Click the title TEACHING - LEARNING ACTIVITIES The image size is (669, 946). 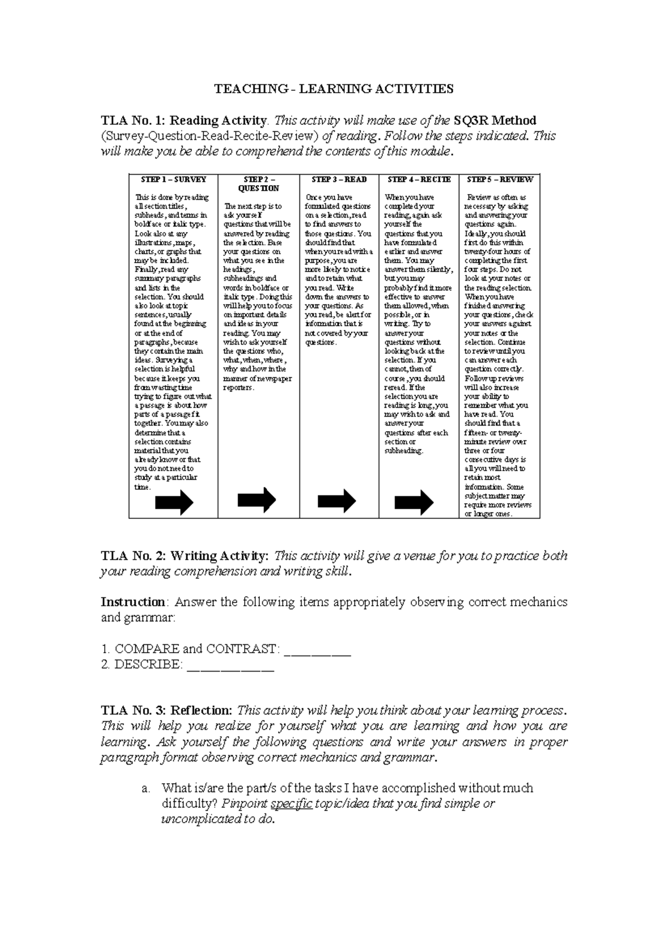tap(334, 88)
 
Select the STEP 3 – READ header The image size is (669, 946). tap(339, 180)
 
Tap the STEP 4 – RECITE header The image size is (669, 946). tap(419, 180)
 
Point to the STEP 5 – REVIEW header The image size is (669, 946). tap(500, 180)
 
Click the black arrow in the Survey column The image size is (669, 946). tap(174, 502)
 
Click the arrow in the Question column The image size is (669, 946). tap(256, 500)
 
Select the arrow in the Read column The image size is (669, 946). tap(337, 500)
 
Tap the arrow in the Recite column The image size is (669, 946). tap(414, 502)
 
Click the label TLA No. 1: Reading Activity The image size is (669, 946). tap(184, 120)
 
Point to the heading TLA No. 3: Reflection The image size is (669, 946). tap(166, 711)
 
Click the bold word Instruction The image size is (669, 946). tap(133, 602)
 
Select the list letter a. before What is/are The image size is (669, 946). tap(146, 789)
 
